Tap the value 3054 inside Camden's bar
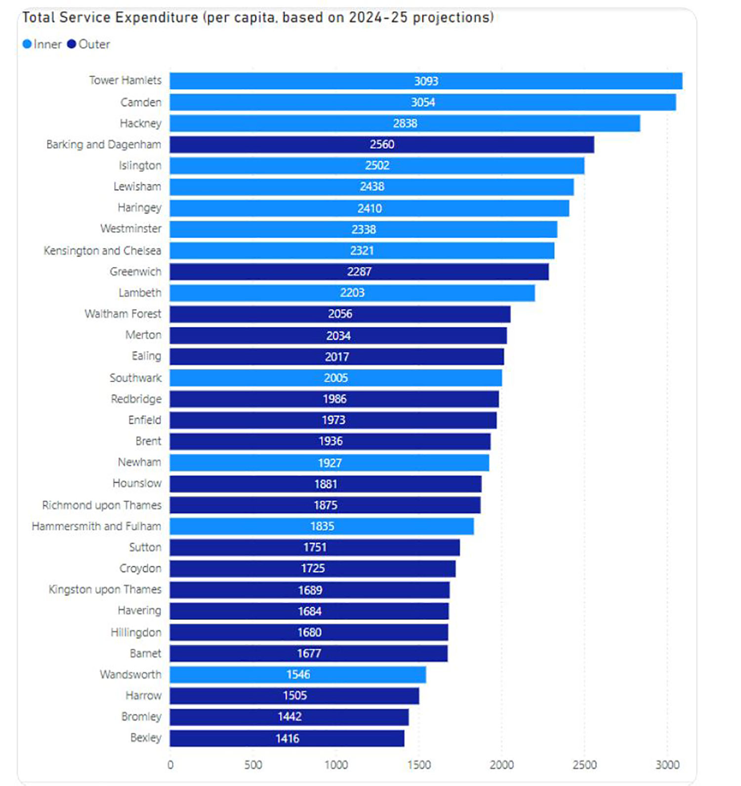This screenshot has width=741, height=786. click(x=423, y=102)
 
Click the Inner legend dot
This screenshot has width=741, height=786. click(x=27, y=44)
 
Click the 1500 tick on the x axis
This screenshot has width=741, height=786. click(x=419, y=765)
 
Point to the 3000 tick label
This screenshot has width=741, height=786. click(x=667, y=765)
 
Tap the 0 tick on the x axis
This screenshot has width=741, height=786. click(x=170, y=765)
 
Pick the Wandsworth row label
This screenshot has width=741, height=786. click(x=130, y=674)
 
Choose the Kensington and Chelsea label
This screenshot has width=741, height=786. click(x=102, y=251)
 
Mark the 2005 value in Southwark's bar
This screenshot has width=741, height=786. click(x=336, y=378)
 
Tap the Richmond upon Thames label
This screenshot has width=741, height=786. click(x=102, y=505)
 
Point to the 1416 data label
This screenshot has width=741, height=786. click(x=287, y=739)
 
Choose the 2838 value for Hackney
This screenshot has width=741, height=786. click(x=405, y=123)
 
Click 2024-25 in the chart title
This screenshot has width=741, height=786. click(x=378, y=17)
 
